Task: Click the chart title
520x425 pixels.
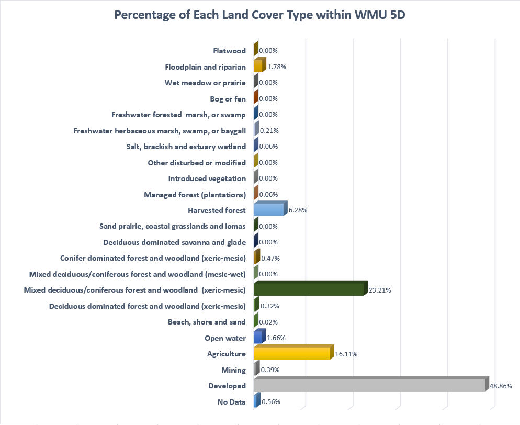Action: pyautogui.click(x=259, y=15)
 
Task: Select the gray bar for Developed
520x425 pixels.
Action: pyautogui.click(x=369, y=385)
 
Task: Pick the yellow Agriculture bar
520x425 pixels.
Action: pyautogui.click(x=292, y=353)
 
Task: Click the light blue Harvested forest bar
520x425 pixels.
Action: pyautogui.click(x=268, y=210)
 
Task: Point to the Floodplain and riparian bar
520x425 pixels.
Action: pyautogui.click(x=258, y=66)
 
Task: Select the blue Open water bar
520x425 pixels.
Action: pyautogui.click(x=258, y=338)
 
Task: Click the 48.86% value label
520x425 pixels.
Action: pyautogui.click(x=500, y=386)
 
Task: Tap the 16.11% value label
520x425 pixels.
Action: pyautogui.click(x=346, y=354)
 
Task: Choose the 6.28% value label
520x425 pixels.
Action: pyautogui.click(x=297, y=210)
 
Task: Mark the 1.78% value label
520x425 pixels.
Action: pyautogui.click(x=276, y=66)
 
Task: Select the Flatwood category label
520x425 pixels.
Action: pyautogui.click(x=230, y=51)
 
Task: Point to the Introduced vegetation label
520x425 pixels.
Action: pyautogui.click(x=207, y=178)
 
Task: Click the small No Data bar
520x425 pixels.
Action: pyautogui.click(x=255, y=401)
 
